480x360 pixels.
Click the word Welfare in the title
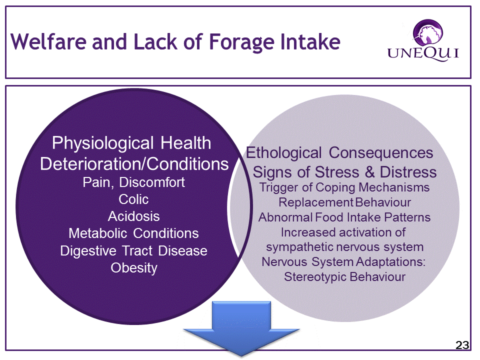coord(48,41)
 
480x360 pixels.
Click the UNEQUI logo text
coord(423,53)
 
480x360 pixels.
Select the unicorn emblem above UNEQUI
coord(427,31)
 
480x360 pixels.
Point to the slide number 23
coord(462,345)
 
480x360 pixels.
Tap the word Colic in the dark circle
coord(133,199)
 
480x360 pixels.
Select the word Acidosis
coord(134,216)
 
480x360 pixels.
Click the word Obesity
coord(134,268)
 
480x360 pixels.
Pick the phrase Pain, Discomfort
coord(134,182)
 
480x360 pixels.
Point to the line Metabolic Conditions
coord(133,233)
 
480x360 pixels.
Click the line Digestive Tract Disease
coord(133,251)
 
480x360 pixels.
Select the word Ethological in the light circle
coord(284,153)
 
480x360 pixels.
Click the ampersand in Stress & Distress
coord(369,172)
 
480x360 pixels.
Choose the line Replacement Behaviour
coord(344,202)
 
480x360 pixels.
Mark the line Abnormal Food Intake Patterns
coord(344,217)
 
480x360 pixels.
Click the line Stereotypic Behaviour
coord(344,277)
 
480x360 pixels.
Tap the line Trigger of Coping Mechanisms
coord(344,187)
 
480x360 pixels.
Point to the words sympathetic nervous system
coord(344,247)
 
